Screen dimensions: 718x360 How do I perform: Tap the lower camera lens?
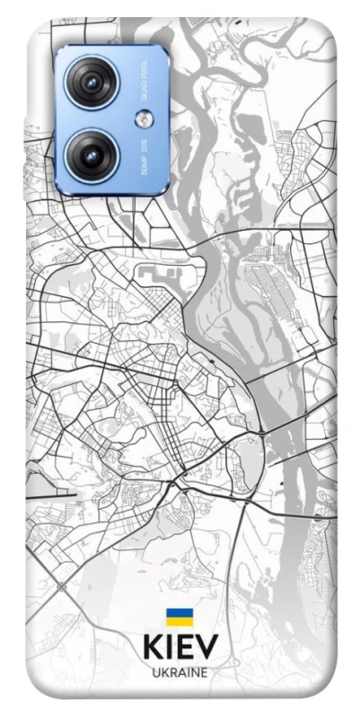pos(91,153)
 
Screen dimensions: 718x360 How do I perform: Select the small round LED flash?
pos(144,119)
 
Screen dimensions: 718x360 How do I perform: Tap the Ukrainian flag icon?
pos(179,616)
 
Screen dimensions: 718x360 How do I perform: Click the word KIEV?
pos(180,647)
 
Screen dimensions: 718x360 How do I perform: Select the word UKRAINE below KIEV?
pos(180,672)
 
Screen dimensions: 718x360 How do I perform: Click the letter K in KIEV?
pos(154,647)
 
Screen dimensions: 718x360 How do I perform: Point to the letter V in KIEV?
pos(206,647)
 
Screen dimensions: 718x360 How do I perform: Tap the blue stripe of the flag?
pos(179,612)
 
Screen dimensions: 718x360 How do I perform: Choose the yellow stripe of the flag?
pos(179,620)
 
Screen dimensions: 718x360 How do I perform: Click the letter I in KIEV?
pos(170,647)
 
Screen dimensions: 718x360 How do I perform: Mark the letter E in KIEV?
pos(185,647)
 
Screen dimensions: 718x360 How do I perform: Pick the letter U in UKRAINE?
pos(156,672)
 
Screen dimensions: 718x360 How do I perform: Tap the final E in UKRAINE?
pos(204,672)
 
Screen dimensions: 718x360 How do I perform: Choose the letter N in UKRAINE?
pos(195,672)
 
